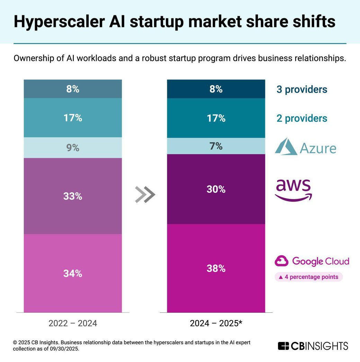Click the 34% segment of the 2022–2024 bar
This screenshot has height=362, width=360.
coord(73,273)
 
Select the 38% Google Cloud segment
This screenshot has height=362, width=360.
coord(216,268)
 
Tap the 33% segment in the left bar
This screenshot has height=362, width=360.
coord(73,196)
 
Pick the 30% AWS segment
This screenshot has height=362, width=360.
coord(216,189)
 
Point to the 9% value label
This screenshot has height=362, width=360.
coord(73,148)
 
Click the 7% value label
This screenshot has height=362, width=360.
coord(216,146)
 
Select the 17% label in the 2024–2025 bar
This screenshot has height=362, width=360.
coord(216,118)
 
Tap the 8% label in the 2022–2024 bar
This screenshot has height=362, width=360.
coord(73,89)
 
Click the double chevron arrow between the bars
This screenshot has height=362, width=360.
coord(145,195)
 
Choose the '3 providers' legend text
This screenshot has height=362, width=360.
coord(302,89)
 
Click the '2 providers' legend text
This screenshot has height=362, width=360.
coord(302,118)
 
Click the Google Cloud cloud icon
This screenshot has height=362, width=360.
coord(282,261)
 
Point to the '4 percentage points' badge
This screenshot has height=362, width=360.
coord(308,277)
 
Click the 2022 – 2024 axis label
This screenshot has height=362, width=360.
coord(73,324)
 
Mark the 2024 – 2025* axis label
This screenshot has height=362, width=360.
coord(216,324)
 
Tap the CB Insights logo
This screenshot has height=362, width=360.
coord(313,346)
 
